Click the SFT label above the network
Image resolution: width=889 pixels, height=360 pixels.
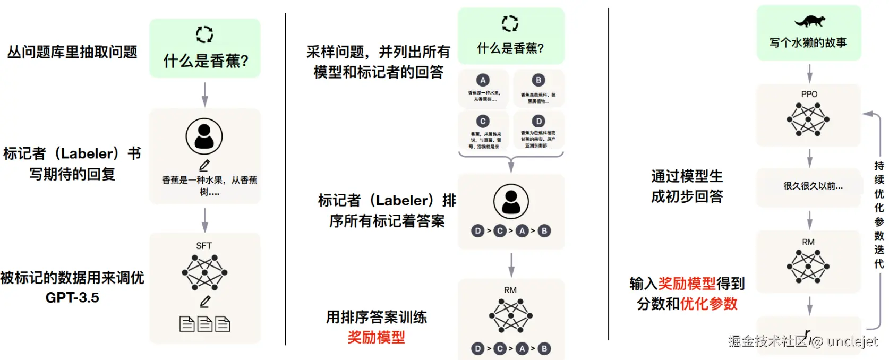click(204, 246)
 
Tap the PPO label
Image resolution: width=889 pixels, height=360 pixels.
click(809, 94)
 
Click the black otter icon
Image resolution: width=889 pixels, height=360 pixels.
click(809, 21)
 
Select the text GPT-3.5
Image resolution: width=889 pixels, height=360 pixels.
click(72, 297)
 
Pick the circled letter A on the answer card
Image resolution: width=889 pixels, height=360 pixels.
click(483, 80)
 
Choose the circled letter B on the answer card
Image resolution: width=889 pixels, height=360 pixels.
click(538, 80)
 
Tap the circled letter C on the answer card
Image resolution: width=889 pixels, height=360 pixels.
click(483, 121)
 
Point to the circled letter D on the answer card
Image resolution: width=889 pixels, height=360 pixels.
click(538, 121)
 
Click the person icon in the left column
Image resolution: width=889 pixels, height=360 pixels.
click(204, 136)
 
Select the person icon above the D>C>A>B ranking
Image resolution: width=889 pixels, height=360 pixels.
click(511, 202)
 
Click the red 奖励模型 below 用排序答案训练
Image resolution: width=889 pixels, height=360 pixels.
click(376, 337)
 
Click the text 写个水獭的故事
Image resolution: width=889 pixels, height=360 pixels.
click(808, 42)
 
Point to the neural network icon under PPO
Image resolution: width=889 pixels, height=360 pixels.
click(808, 119)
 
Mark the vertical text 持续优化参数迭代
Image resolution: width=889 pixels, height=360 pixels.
click(879, 215)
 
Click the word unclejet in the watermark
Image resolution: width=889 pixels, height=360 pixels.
click(852, 341)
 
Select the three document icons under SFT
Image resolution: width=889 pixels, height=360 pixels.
click(205, 324)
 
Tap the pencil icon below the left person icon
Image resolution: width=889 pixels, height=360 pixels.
click(204, 166)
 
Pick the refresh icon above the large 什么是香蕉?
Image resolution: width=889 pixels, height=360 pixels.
click(204, 35)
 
